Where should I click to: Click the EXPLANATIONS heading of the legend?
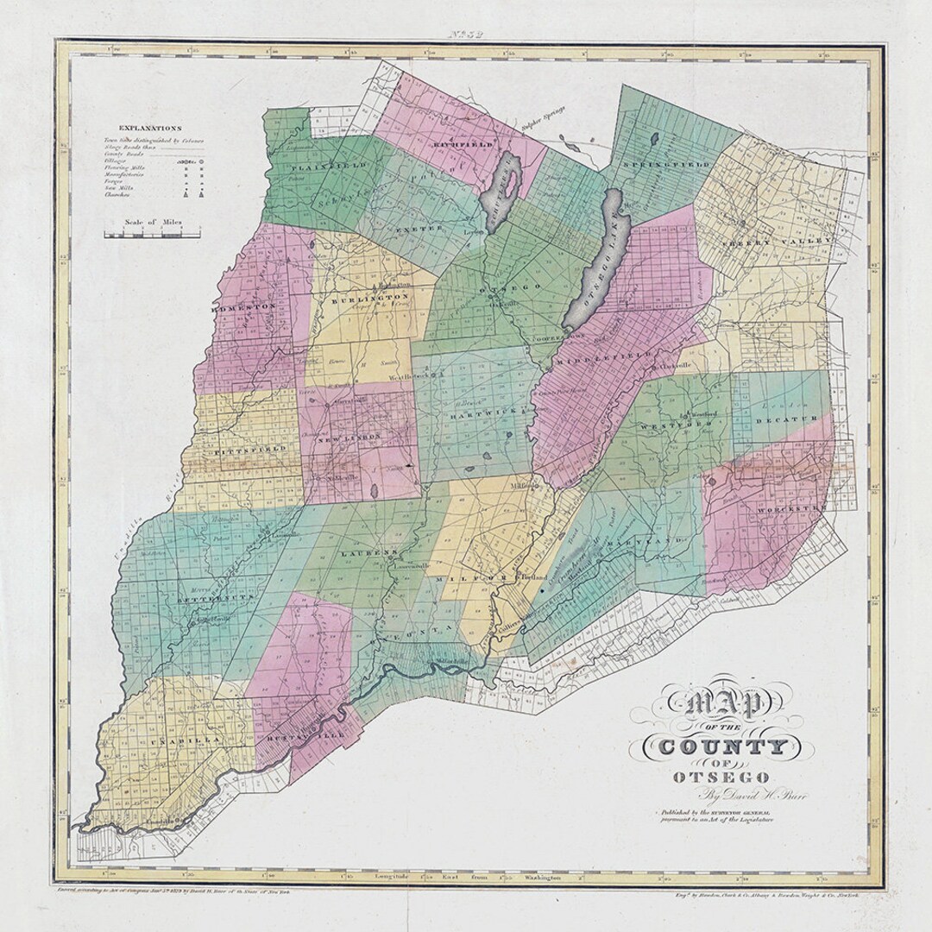pos(151,127)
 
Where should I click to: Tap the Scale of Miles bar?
pos(152,233)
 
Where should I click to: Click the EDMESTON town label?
pos(244,305)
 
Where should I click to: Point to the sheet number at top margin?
pos(465,35)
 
